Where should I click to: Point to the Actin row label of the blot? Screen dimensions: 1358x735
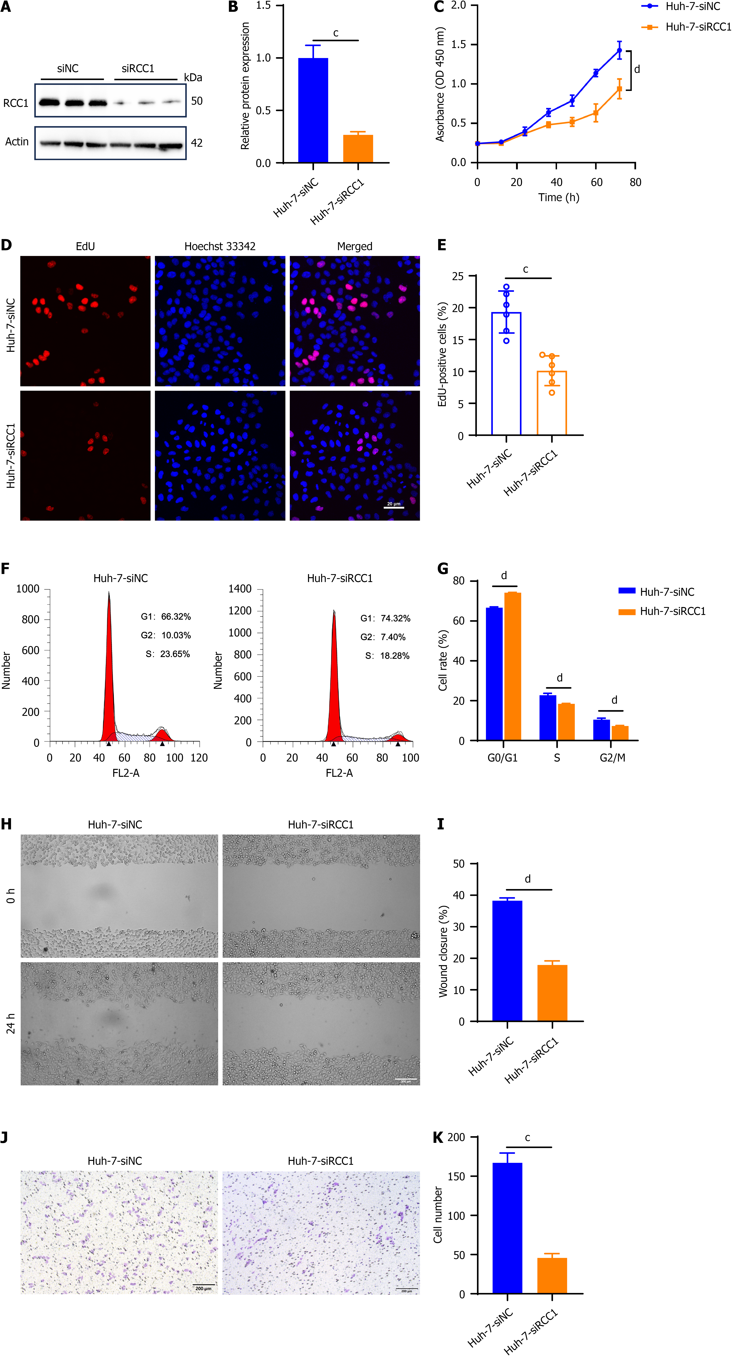point(17,141)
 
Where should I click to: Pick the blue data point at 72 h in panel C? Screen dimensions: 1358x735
point(619,51)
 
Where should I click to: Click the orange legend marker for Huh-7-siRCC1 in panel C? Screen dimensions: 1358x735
point(650,27)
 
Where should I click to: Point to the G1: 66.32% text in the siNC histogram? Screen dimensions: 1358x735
point(166,616)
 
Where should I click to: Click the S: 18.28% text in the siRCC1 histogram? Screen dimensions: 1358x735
point(388,655)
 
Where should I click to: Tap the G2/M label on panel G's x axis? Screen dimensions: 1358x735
point(612,757)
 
